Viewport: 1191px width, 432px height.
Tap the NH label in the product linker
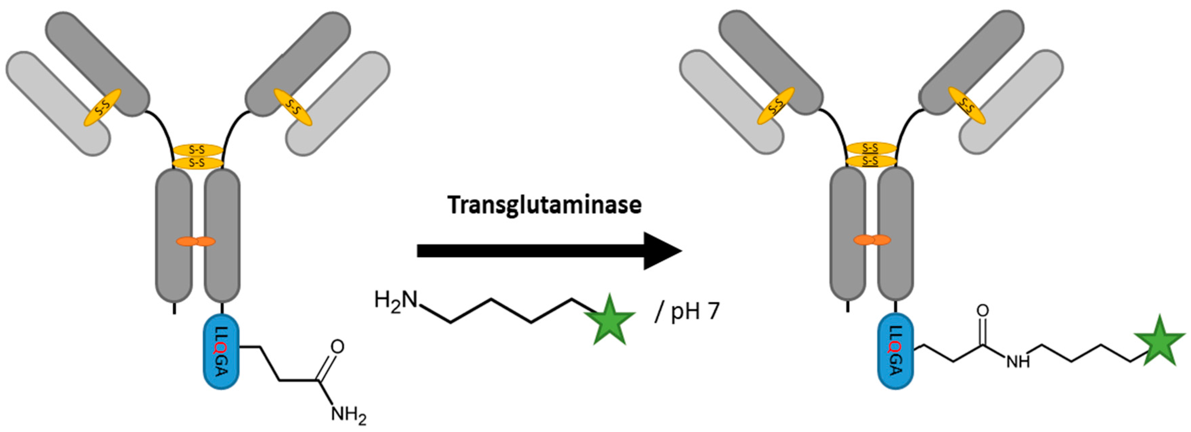point(1018,361)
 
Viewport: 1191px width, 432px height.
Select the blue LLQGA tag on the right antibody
point(896,352)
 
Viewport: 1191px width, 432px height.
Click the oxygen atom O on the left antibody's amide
point(338,347)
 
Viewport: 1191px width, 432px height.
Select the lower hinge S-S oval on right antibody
point(871,161)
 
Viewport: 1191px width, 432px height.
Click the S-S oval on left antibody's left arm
point(102,108)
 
